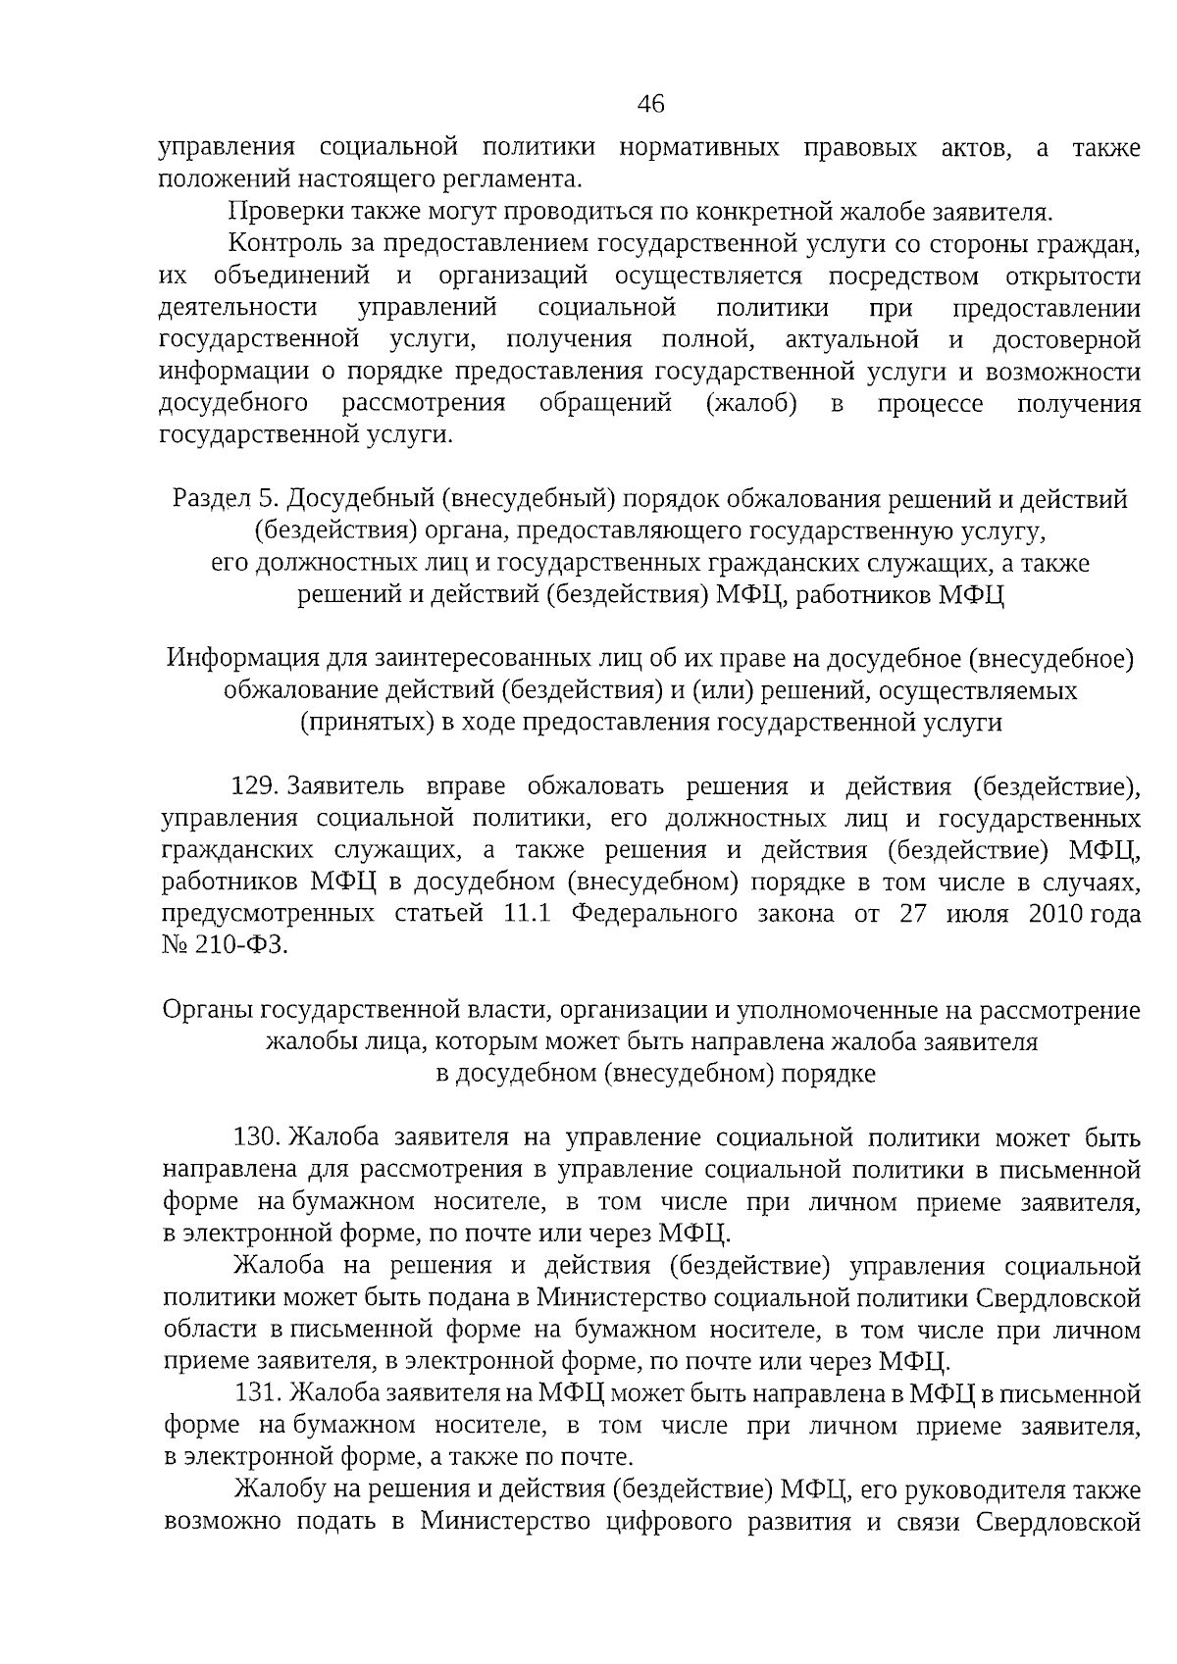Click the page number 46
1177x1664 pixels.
[x=650, y=104]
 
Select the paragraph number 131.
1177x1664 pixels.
[x=259, y=1393]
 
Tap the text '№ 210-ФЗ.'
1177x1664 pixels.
[x=225, y=946]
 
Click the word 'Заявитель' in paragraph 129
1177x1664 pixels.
[x=345, y=786]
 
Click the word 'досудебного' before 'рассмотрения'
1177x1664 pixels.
[x=234, y=404]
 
